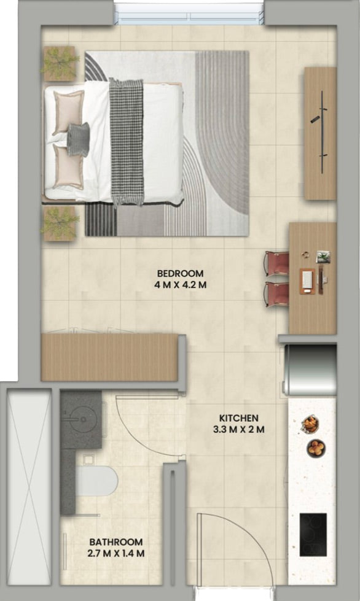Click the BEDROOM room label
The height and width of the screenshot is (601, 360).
click(x=180, y=274)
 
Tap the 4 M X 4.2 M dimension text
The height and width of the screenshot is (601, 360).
click(x=181, y=285)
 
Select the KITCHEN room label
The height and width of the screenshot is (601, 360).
click(x=238, y=418)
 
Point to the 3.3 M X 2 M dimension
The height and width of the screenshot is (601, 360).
click(x=238, y=429)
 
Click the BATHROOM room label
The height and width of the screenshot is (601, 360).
click(x=115, y=542)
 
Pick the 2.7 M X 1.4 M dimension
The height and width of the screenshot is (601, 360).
click(x=115, y=554)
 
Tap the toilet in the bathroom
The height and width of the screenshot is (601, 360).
click(x=96, y=481)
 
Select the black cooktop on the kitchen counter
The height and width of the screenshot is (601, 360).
click(x=313, y=535)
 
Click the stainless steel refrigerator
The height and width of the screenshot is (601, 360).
click(x=310, y=370)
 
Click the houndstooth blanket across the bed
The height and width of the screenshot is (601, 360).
click(x=127, y=142)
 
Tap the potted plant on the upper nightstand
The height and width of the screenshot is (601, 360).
click(x=60, y=63)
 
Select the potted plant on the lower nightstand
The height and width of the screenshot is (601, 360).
click(x=60, y=223)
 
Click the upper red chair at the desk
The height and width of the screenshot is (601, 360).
click(x=277, y=263)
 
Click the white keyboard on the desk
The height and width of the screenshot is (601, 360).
click(x=308, y=281)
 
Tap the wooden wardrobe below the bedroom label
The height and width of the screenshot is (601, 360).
click(x=109, y=357)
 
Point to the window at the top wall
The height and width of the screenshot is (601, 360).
click(x=189, y=14)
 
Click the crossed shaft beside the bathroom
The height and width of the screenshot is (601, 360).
click(x=29, y=487)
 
